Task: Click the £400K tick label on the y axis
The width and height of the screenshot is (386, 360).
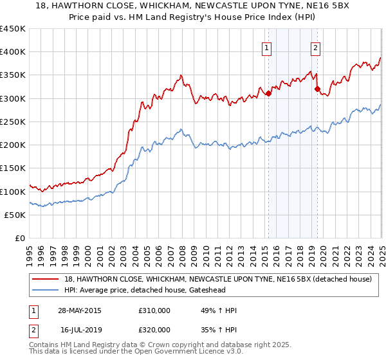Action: [13, 51]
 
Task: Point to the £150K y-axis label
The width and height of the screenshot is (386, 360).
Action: [13, 168]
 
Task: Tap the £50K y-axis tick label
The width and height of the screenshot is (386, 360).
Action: [15, 215]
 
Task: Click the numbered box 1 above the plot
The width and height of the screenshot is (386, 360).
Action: [266, 46]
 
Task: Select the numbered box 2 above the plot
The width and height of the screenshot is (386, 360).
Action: [316, 46]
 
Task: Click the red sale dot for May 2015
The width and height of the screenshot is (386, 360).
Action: [268, 94]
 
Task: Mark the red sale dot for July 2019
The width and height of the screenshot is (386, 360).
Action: [317, 89]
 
